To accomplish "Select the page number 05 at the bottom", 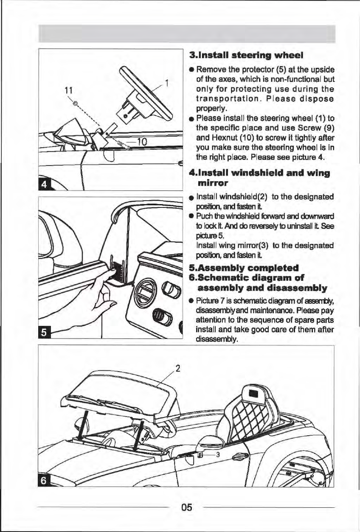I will coord(186,507).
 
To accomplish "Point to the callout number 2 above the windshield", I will coord(178,368).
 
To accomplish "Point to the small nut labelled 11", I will coord(75,103).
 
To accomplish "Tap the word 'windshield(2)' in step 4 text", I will coord(250,197).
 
